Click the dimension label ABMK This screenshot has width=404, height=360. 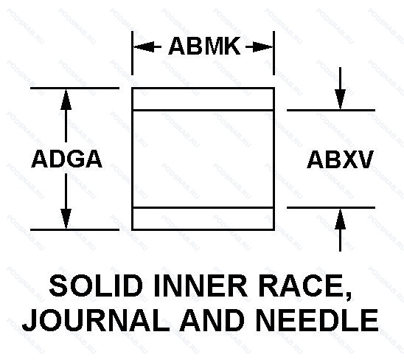tap(204, 46)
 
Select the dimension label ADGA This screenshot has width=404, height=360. tap(67, 159)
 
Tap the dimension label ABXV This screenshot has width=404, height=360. tap(340, 159)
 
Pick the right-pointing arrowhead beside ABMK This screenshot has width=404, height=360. tap(262, 47)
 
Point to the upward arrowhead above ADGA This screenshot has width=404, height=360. tap(66, 100)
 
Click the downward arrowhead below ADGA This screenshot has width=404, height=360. tap(66, 218)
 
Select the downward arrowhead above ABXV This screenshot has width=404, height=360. tap(340, 99)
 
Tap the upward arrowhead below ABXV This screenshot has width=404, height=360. tap(340, 219)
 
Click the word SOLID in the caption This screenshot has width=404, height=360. tap(96, 286)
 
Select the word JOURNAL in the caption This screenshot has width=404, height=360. tap(96, 320)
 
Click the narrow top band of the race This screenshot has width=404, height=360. tap(203, 100)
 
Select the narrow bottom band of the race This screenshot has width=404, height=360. tap(203, 218)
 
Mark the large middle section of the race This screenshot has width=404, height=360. tap(203, 159)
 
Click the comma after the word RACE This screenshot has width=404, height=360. tap(349, 297)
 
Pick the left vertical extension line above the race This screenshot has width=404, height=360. tap(132, 53)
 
